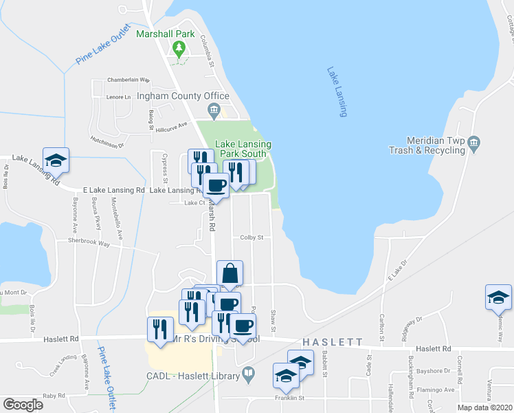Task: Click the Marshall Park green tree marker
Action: click(x=179, y=48)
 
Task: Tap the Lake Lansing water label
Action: click(x=337, y=92)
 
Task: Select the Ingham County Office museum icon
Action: click(x=214, y=109)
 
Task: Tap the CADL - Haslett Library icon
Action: click(x=249, y=376)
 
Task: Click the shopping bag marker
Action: click(x=230, y=273)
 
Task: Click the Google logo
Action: click(x=23, y=405)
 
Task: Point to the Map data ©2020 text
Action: click(x=484, y=407)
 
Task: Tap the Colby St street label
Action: click(x=252, y=237)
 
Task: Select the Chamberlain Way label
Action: click(x=124, y=80)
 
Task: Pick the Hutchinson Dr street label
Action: click(x=107, y=141)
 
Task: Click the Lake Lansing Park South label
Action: click(x=243, y=149)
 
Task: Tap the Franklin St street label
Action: click(x=291, y=398)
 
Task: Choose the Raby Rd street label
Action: click(x=53, y=396)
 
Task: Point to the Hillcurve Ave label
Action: click(x=171, y=127)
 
